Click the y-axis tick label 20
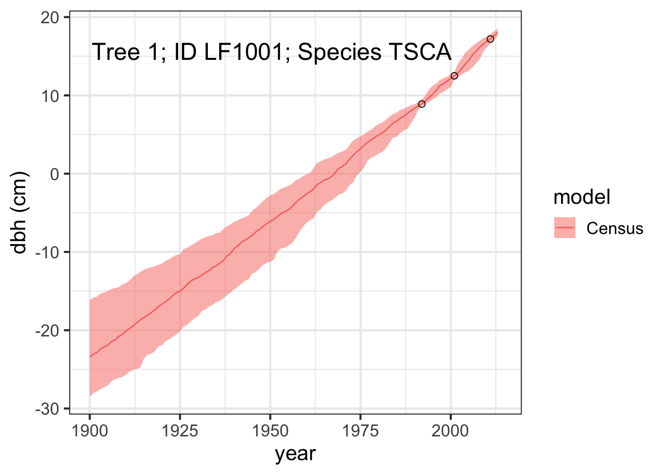[x=50, y=18]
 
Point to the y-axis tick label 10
[x=50, y=96]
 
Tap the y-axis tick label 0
[x=54, y=175]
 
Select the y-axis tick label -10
[x=47, y=253]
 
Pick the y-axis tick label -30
[x=47, y=409]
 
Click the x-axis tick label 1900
[x=90, y=431]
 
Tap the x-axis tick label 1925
[x=180, y=431]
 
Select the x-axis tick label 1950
[x=270, y=431]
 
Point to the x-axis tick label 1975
[x=360, y=431]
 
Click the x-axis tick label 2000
[x=450, y=431]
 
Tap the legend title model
[x=582, y=197]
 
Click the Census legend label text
[x=615, y=228]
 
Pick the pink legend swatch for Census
[x=565, y=228]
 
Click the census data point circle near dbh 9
[x=422, y=104]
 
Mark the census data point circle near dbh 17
[x=490, y=39]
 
